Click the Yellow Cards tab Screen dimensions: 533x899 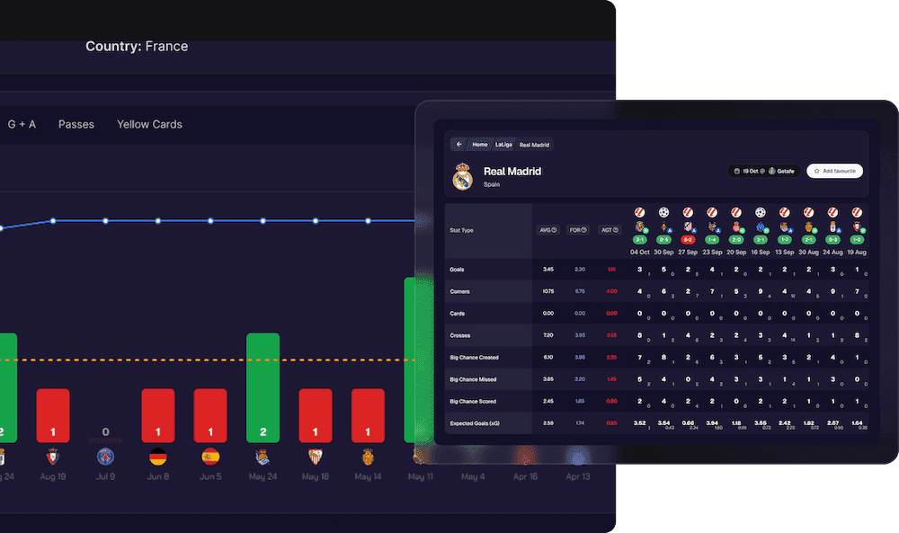pos(149,124)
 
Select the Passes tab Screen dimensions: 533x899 pos(76,124)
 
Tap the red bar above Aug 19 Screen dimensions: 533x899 pos(53,415)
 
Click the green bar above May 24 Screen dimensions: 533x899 pos(263,387)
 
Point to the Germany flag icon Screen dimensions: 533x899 pos(158,456)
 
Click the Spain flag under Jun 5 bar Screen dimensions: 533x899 pos(210,456)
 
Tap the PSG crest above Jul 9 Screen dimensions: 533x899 pos(106,456)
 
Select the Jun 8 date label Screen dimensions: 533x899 pos(158,476)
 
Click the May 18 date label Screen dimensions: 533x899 pos(316,476)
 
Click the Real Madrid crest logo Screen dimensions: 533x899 pos(463,176)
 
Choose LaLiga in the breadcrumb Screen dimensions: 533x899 pos(503,144)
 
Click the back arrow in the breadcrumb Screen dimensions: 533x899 pos(458,144)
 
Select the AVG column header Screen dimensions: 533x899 pos(547,229)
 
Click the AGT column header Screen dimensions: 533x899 pos(608,229)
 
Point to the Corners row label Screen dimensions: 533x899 pos(460,291)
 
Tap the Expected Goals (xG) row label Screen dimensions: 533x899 pos(474,422)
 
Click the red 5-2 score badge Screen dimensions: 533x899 pos(688,240)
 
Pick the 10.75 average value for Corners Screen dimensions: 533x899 pos(547,291)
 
